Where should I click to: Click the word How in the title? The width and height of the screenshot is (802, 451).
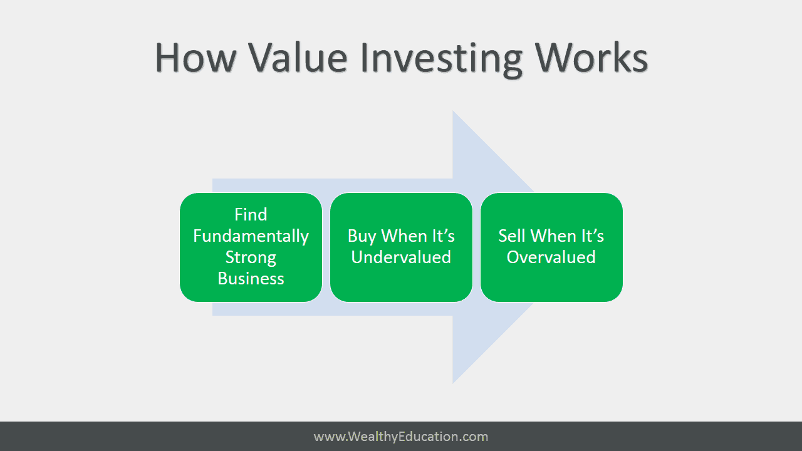coord(196,58)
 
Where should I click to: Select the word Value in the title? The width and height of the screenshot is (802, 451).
coord(298,58)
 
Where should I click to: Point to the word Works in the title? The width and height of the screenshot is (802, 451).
coord(591,58)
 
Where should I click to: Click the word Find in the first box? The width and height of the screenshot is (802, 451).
coord(251,214)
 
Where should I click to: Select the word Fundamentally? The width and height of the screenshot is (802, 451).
coord(251,236)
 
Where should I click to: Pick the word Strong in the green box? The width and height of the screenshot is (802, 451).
coord(251,258)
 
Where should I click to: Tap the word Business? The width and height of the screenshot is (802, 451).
coord(251,279)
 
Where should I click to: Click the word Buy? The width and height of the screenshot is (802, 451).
coord(362,237)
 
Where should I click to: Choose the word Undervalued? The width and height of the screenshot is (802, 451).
coord(401,257)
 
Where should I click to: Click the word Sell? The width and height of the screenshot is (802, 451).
coord(511,236)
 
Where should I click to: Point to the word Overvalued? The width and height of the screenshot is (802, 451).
coord(551,257)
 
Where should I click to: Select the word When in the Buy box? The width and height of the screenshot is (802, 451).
coord(404,236)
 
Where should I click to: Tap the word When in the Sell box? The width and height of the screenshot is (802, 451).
coord(553,236)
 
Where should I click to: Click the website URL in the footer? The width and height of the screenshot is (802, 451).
coord(401,437)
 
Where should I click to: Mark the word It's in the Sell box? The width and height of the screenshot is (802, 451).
coord(593,236)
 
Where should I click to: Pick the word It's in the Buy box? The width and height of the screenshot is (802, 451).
coord(444,236)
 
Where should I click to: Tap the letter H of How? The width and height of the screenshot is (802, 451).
coord(168,58)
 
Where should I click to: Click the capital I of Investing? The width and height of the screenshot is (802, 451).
coord(365,58)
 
